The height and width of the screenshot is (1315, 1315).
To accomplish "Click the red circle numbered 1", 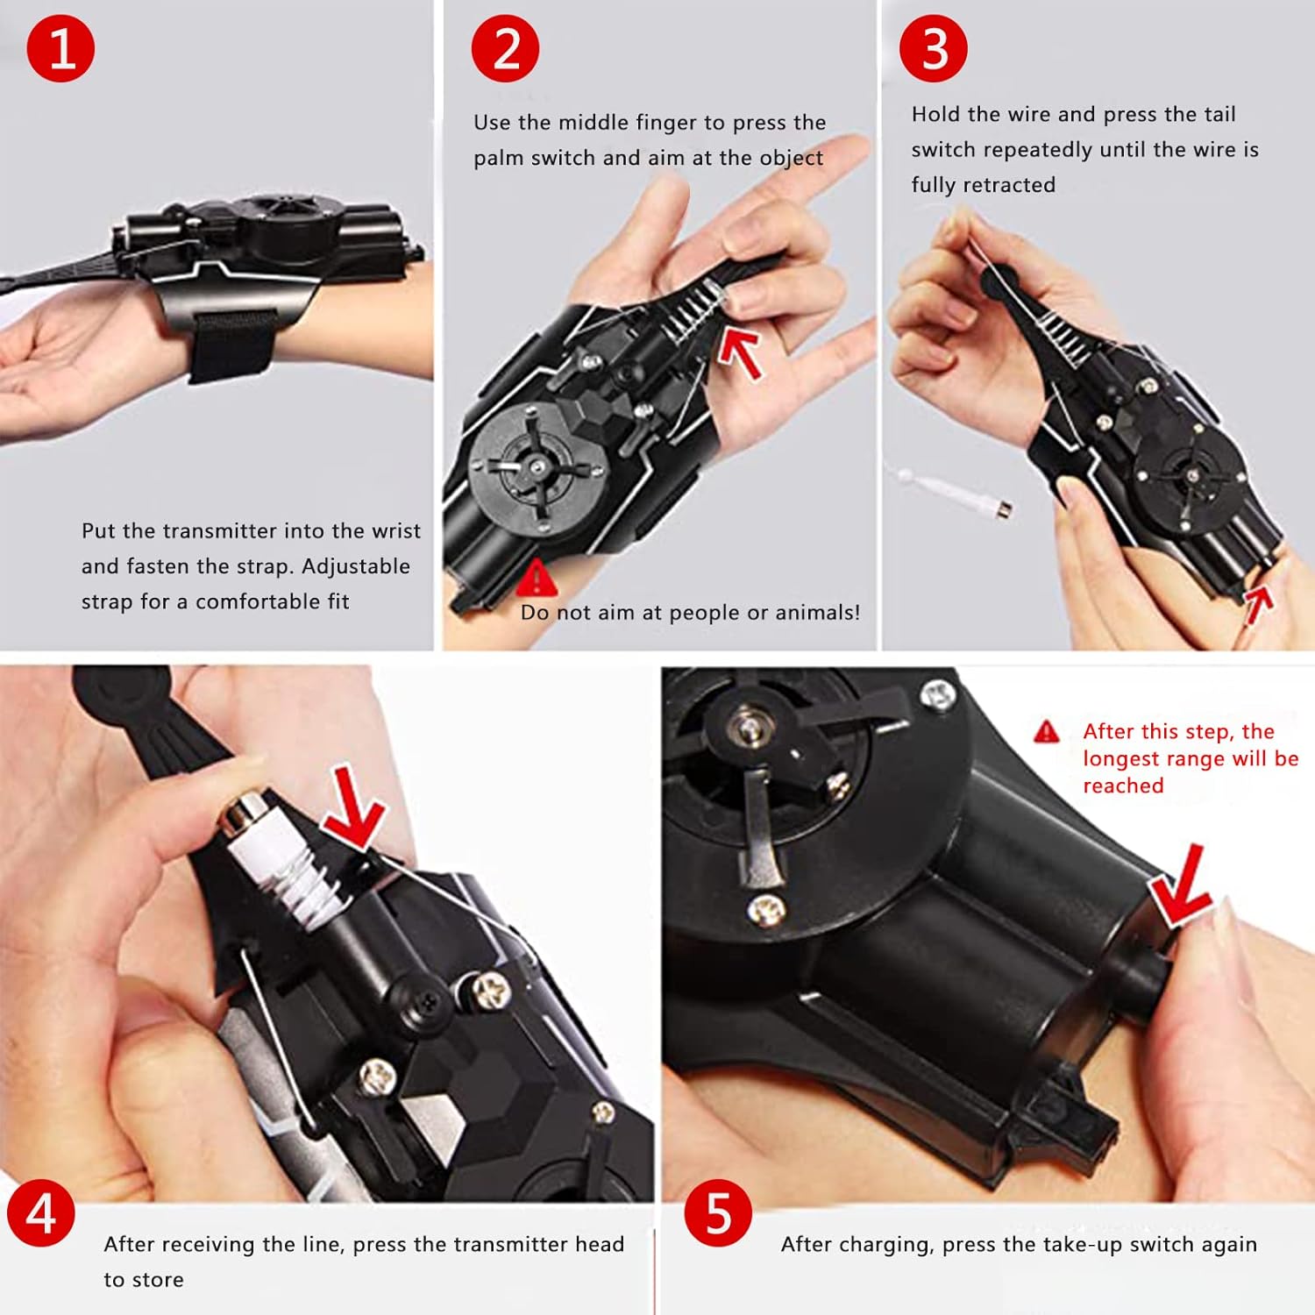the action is coord(60,48).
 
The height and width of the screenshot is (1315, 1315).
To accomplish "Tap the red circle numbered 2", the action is coord(506,48).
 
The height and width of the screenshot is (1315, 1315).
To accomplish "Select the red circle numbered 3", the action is coord(934,48).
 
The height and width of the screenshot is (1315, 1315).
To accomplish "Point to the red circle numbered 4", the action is coord(41,1214).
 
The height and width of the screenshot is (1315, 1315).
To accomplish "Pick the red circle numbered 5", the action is coord(718,1214).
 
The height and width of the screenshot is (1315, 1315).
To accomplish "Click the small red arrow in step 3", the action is coord(1258,604).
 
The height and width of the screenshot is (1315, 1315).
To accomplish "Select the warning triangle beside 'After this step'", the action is coord(1047,732).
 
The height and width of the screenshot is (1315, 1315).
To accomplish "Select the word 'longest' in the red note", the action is coord(1123,759).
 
